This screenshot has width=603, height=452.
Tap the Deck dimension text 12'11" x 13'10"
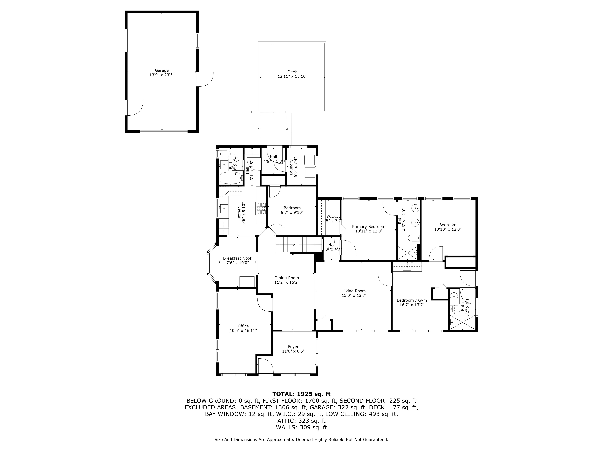[292, 77]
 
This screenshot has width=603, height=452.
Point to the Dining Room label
[287, 278]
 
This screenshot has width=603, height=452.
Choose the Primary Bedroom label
[369, 227]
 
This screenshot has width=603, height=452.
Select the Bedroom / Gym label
[412, 300]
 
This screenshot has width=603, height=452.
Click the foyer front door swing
[265, 366]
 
